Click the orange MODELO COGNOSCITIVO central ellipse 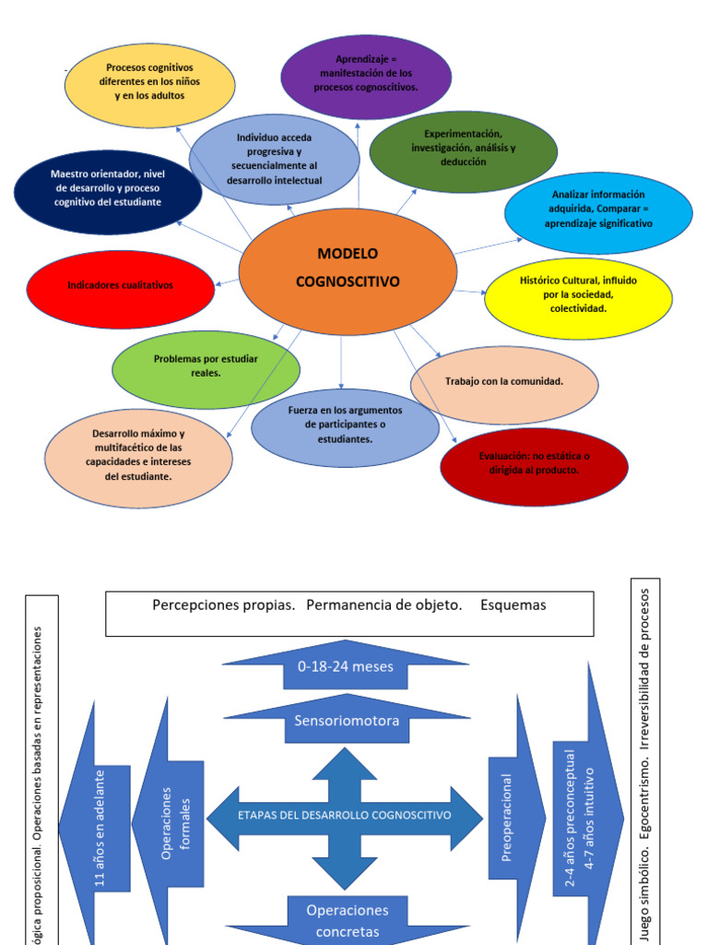(x=348, y=269)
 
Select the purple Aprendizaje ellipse (x=366, y=76)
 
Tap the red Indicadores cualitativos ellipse (x=120, y=286)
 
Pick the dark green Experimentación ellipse (x=463, y=149)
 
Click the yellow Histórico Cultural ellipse (x=578, y=293)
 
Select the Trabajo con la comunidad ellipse (x=503, y=381)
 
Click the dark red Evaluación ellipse (x=534, y=463)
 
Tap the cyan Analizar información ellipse (x=597, y=209)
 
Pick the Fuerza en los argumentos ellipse (x=345, y=425)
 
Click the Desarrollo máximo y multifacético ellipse (x=138, y=456)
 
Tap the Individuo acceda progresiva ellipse (x=274, y=159)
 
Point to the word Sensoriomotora (x=347, y=721)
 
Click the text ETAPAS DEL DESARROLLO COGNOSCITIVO (x=344, y=815)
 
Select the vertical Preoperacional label (x=506, y=817)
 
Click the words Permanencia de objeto (x=383, y=605)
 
